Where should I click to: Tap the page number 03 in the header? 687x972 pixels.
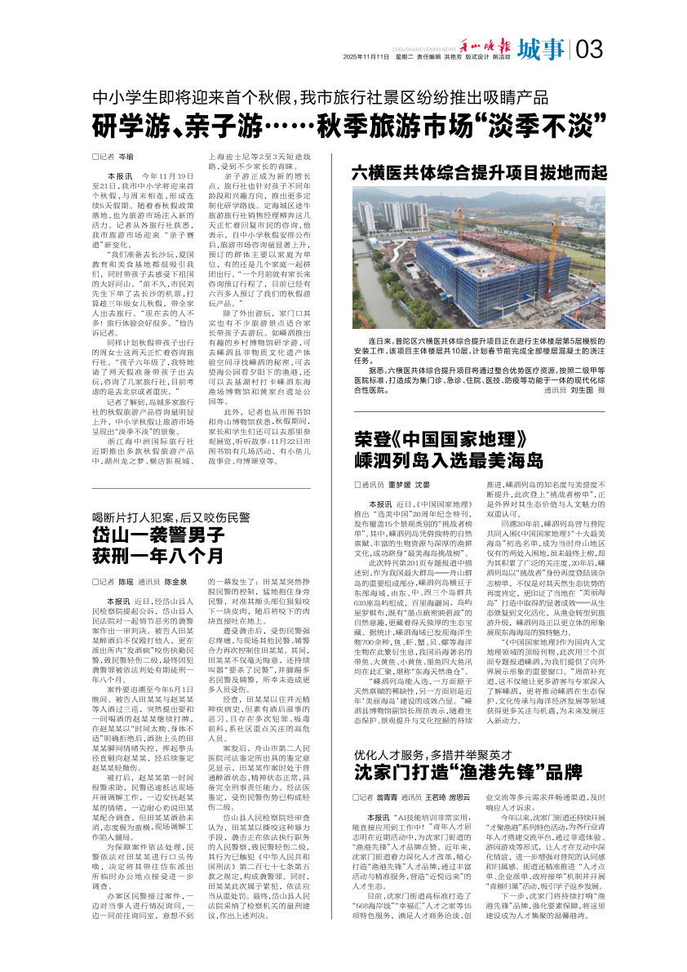589,50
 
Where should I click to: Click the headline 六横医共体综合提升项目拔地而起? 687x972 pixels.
480,173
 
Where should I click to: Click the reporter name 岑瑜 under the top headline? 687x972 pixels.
126,155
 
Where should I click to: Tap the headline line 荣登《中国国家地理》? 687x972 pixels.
436,438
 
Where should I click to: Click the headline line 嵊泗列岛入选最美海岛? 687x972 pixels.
448,459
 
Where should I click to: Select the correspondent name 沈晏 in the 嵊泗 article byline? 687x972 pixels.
423,485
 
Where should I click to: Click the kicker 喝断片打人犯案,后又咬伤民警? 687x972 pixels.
170,517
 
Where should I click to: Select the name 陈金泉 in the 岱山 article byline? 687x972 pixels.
175,582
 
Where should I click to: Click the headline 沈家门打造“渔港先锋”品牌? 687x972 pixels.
468,772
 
